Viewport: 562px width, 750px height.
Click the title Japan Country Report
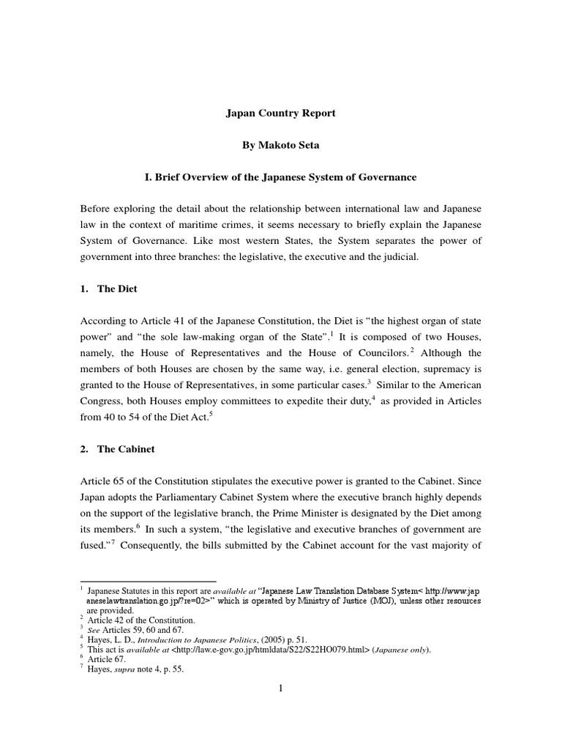click(280, 114)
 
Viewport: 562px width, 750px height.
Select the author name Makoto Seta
click(280, 145)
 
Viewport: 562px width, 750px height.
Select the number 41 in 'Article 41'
click(166, 321)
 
